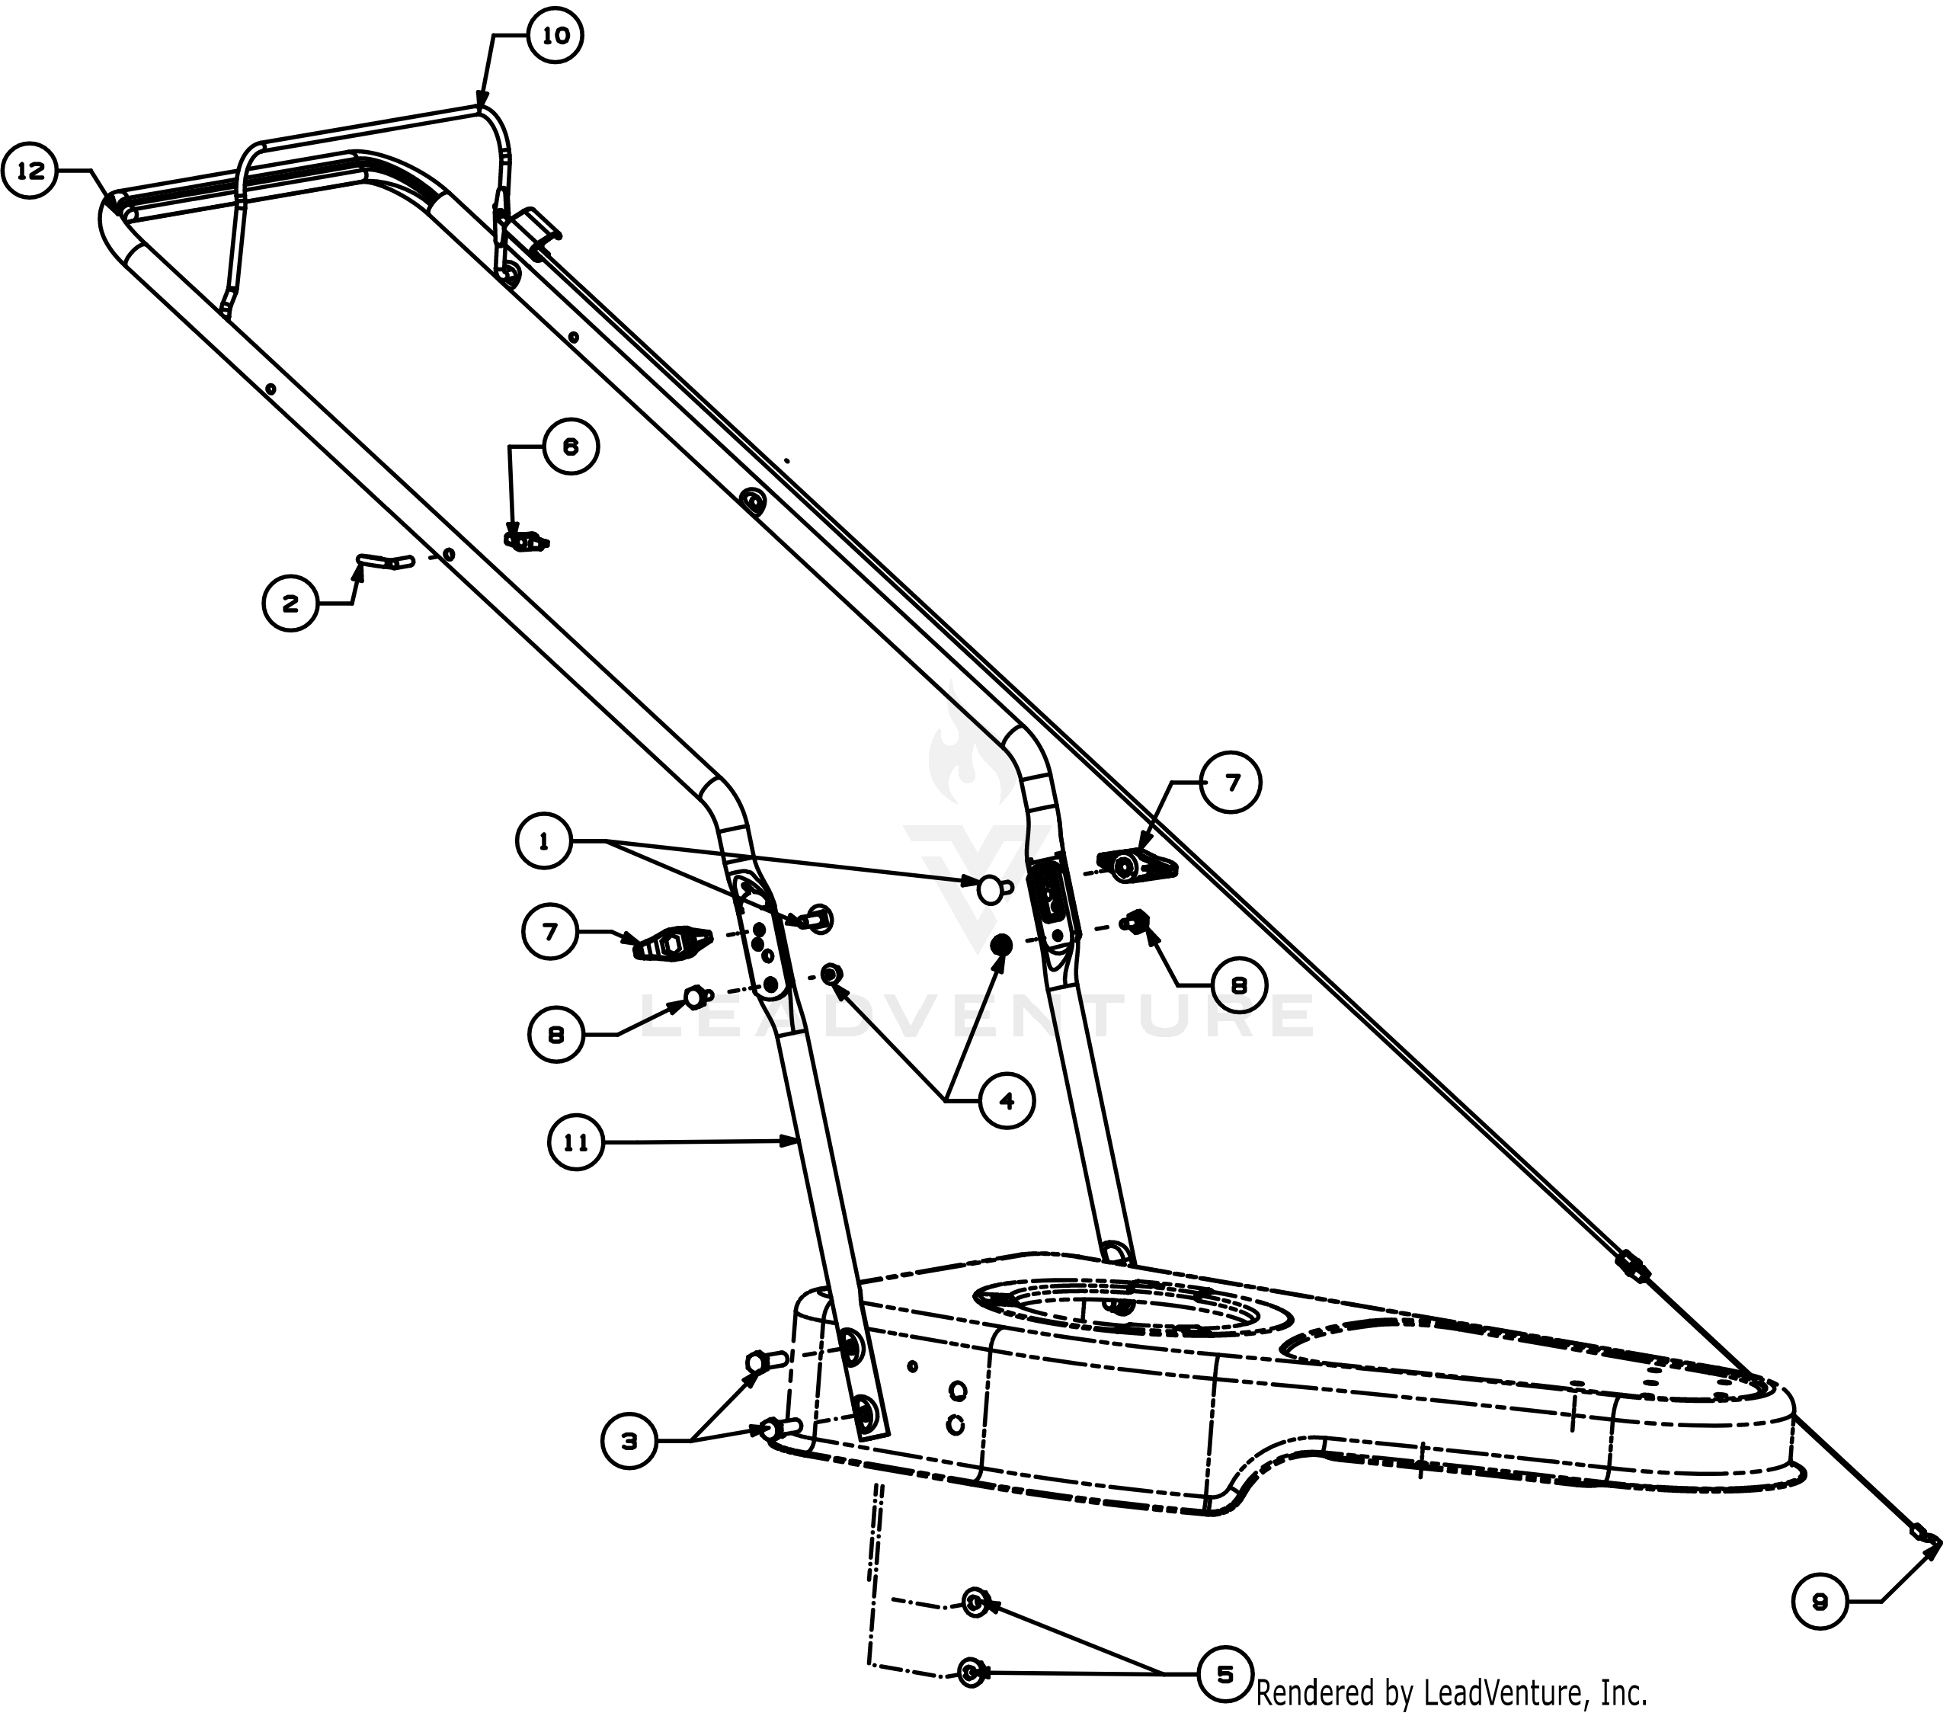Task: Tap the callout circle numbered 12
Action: click(x=30, y=172)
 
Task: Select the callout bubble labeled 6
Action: click(x=571, y=447)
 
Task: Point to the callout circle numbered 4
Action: click(x=1007, y=1102)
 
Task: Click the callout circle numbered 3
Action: click(x=629, y=1442)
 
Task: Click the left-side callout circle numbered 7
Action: click(x=550, y=932)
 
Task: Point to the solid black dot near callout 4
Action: click(x=1001, y=946)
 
